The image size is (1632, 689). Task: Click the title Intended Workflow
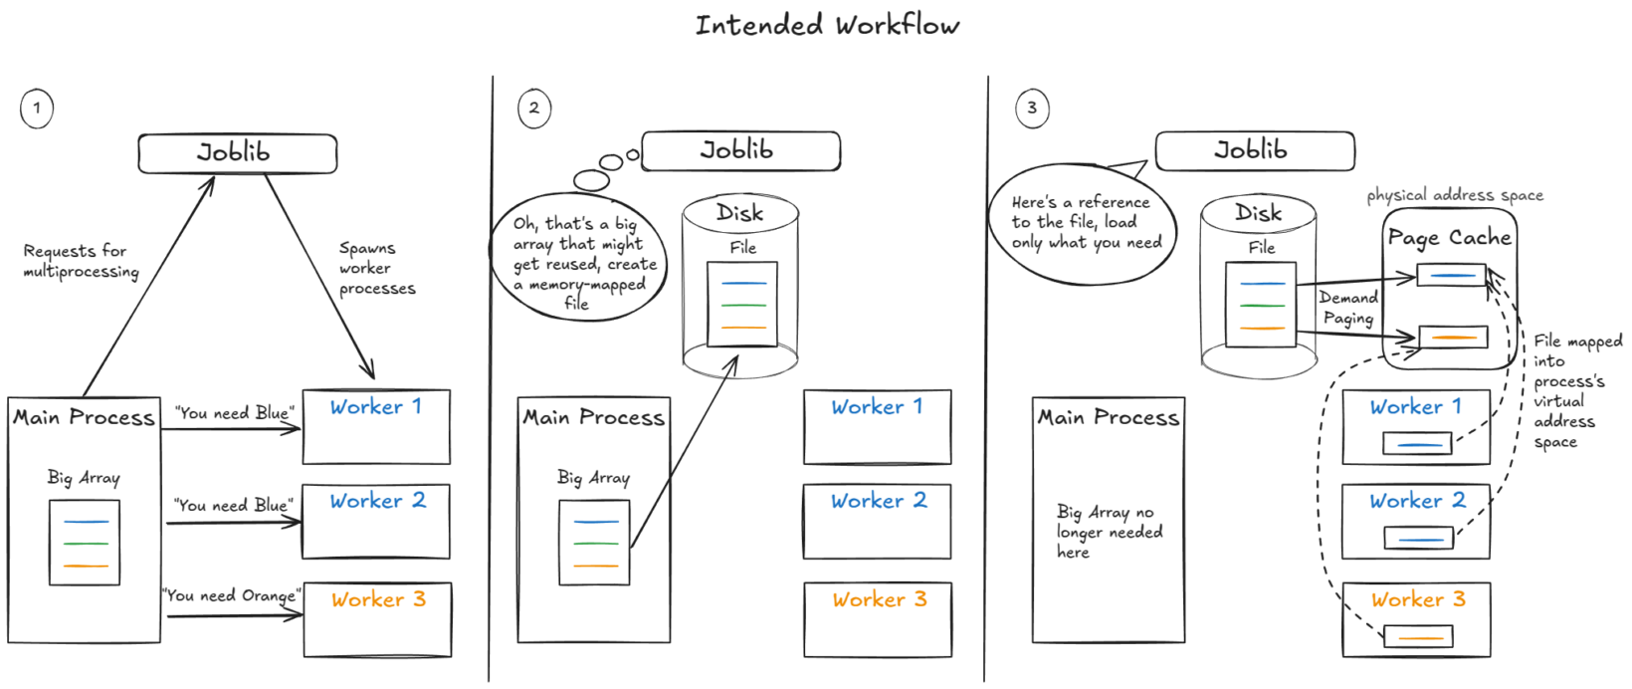[827, 25]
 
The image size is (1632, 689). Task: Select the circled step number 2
[534, 109]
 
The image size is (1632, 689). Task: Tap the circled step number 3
[1032, 109]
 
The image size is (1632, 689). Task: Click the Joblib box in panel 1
[237, 153]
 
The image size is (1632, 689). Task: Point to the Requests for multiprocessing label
[81, 261]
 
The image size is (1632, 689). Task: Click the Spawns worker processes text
[376, 268]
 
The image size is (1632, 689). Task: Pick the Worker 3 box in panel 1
[377, 619]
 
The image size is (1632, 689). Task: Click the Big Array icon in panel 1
[85, 543]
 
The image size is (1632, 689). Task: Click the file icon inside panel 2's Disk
[741, 304]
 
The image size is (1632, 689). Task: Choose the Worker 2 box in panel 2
[877, 521]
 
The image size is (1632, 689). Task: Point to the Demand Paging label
[1348, 308]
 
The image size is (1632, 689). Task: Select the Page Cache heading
[1449, 238]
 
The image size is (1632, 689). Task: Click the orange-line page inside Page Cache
[1452, 338]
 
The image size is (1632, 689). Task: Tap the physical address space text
[1455, 195]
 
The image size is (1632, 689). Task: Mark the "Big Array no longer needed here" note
[1109, 532]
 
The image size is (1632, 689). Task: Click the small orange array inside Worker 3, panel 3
[1418, 635]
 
